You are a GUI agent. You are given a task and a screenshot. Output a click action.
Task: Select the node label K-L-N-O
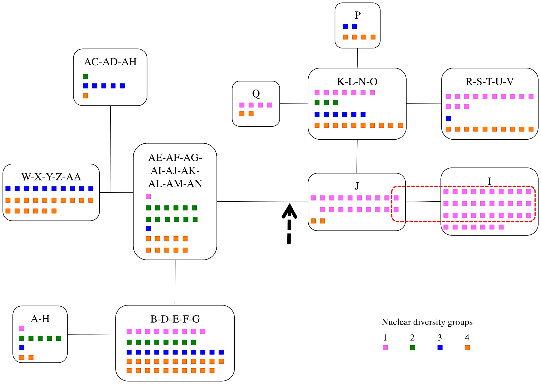click(x=357, y=81)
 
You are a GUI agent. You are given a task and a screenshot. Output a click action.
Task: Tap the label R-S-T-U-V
click(x=489, y=81)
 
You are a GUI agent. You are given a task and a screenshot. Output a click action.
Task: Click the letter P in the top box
click(x=358, y=15)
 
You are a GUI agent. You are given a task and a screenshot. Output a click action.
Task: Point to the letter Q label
click(x=256, y=94)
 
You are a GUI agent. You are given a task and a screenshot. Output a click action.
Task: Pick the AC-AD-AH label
click(x=110, y=62)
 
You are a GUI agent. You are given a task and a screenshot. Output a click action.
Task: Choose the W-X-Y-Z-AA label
click(x=51, y=177)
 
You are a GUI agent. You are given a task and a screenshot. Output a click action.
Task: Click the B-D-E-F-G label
click(x=175, y=319)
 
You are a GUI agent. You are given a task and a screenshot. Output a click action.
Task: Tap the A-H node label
click(x=40, y=319)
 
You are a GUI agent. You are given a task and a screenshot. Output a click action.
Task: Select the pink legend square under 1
click(x=385, y=347)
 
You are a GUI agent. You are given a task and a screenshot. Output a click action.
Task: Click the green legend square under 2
click(x=413, y=347)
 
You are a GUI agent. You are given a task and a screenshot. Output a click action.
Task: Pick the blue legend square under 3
click(x=440, y=347)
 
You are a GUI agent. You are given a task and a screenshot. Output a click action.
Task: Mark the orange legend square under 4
click(x=467, y=347)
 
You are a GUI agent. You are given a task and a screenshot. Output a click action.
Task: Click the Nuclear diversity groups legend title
click(x=427, y=322)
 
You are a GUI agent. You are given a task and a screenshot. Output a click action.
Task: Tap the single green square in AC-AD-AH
click(x=85, y=77)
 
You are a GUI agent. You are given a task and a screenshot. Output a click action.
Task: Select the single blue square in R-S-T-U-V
click(x=448, y=118)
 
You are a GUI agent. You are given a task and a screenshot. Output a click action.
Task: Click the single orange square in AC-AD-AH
click(x=85, y=96)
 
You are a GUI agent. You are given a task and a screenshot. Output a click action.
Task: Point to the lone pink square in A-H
click(x=22, y=328)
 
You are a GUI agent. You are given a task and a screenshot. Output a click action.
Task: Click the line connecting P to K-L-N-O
click(x=357, y=58)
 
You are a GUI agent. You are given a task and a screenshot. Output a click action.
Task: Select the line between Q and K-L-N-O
click(x=294, y=104)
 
